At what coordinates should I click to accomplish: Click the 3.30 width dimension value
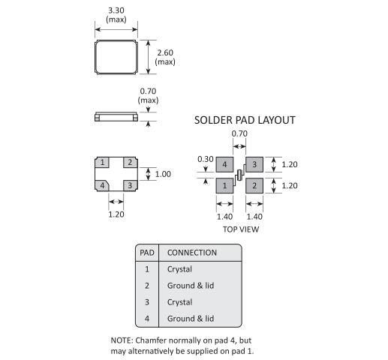[116, 10]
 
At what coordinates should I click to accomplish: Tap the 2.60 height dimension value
[165, 52]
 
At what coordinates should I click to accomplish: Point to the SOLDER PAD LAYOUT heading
[245, 120]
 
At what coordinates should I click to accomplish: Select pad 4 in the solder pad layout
[224, 164]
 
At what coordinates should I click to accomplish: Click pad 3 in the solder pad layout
[254, 164]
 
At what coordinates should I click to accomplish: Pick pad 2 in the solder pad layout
[254, 186]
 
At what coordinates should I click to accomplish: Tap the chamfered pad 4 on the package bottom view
[102, 186]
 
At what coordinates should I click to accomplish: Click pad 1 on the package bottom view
[102, 163]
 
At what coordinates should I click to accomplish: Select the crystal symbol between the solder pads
[240, 175]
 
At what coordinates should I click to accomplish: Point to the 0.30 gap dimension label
[206, 159]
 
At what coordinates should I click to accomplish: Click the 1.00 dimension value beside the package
[163, 174]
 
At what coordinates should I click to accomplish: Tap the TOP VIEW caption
[241, 229]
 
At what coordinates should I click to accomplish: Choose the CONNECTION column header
[192, 253]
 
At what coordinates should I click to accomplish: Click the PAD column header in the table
[147, 253]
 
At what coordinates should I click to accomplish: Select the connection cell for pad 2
[191, 286]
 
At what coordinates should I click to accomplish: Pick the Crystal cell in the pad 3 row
[179, 302]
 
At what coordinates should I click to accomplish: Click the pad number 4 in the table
[147, 319]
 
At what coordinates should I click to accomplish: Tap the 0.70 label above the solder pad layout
[239, 133]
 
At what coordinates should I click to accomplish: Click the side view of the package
[116, 117]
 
